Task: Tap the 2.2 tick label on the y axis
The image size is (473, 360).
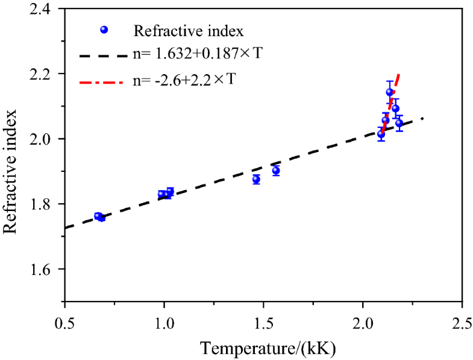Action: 47,74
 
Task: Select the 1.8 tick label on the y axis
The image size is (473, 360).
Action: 47,204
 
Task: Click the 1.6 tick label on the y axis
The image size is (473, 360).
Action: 47,270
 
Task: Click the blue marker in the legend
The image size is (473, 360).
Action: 104,30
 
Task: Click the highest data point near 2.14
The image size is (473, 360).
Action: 389,92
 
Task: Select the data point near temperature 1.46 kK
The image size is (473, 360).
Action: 256,179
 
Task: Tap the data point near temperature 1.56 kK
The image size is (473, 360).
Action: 276,171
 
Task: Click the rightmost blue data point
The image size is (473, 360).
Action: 399,123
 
